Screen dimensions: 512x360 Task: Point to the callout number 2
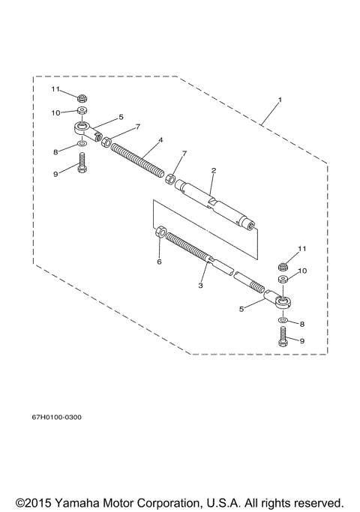pos(213,171)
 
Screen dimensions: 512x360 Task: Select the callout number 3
pos(201,286)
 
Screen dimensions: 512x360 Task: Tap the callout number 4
pos(160,140)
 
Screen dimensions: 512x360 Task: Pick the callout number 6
pos(158,262)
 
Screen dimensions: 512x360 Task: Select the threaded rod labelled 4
pos(139,158)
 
